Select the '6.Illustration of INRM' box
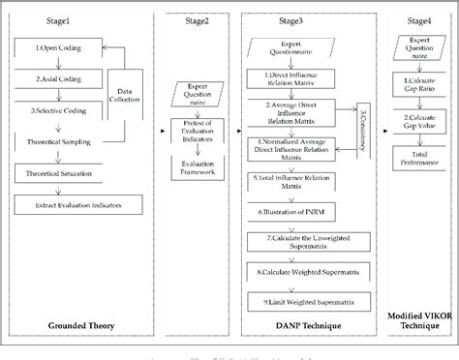pyautogui.click(x=298, y=210)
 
